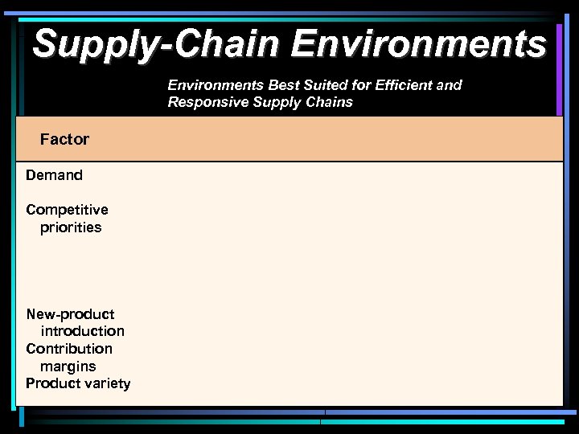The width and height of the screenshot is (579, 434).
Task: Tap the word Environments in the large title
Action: [418, 44]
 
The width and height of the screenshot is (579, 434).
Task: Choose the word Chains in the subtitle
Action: [331, 102]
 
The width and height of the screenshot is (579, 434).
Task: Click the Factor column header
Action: [64, 139]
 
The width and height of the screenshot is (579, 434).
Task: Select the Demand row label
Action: [54, 174]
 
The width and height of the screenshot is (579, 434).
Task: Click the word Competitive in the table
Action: [67, 210]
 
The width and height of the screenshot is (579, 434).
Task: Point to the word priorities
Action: [71, 227]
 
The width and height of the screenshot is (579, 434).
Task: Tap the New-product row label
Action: [70, 314]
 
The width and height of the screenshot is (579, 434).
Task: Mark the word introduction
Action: [83, 331]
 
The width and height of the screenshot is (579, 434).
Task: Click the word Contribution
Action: [69, 349]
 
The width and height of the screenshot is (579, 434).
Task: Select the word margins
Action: [68, 366]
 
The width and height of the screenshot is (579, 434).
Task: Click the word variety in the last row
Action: [107, 383]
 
